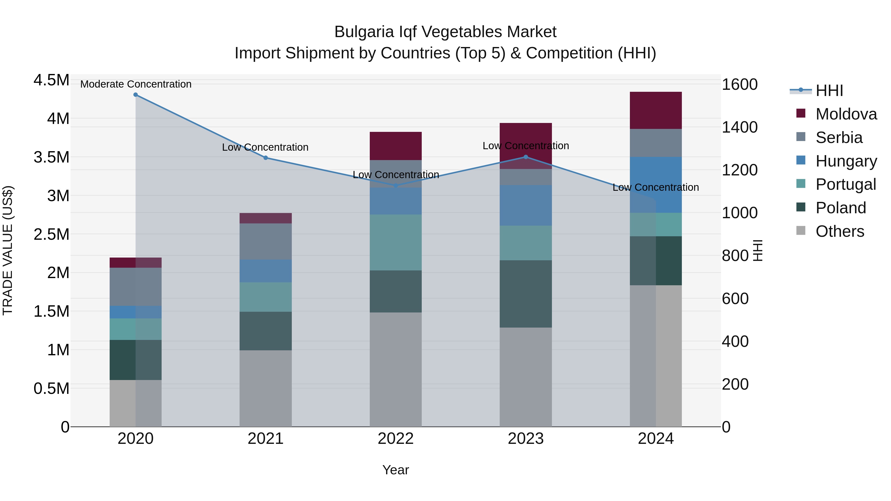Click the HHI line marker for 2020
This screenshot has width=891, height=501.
[136, 95]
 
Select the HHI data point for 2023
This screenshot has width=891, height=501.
[526, 157]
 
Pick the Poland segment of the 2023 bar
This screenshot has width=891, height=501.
[526, 294]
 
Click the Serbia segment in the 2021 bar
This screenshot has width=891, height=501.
[266, 241]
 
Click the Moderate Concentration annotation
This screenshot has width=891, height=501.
[136, 84]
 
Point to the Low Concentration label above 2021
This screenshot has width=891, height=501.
[265, 147]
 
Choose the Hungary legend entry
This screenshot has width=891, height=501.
[846, 161]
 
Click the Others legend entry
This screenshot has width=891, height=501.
[840, 231]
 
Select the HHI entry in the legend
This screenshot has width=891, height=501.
[829, 91]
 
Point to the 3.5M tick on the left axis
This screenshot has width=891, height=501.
[51, 157]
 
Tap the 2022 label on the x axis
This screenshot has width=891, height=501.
[396, 439]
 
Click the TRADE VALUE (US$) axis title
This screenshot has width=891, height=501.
[8, 250]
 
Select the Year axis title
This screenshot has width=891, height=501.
[396, 470]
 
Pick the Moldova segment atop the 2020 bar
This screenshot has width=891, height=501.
[136, 262]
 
